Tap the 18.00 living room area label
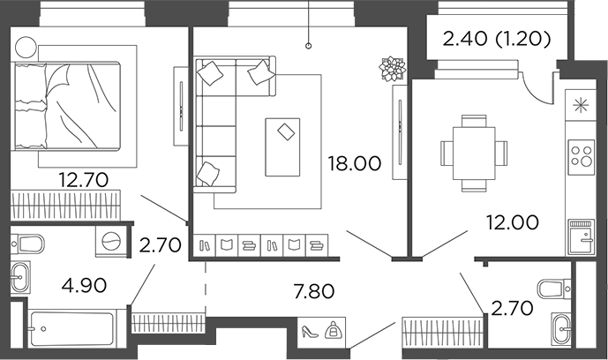pos(353,163)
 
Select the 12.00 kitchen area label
pos(514,223)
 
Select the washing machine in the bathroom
pos(111,240)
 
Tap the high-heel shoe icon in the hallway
pos(310,333)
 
